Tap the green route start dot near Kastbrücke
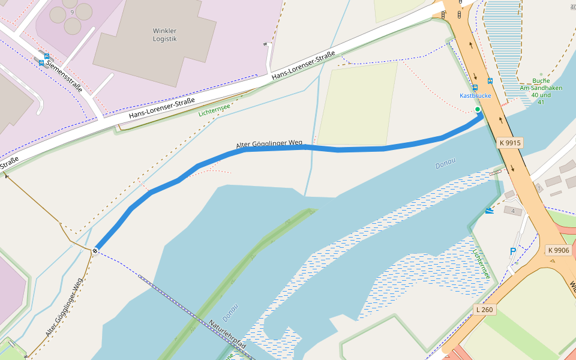(x=478, y=109)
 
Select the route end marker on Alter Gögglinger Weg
(x=95, y=250)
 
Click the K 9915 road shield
(x=509, y=143)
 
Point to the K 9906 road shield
(x=558, y=250)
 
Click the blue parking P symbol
(x=512, y=251)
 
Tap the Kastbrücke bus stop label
(x=475, y=95)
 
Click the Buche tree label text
(x=541, y=80)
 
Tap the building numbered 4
(x=513, y=211)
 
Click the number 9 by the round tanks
(x=73, y=12)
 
